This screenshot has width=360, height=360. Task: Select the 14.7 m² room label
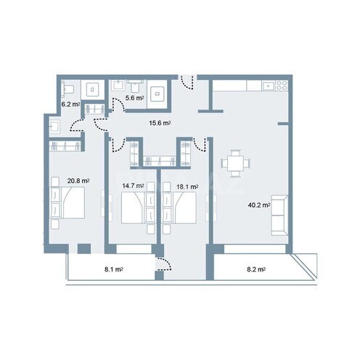(x=134, y=186)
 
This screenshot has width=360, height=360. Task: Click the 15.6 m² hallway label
(x=160, y=123)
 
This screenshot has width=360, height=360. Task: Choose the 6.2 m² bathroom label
(x=70, y=105)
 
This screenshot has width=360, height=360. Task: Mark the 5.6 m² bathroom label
(x=134, y=97)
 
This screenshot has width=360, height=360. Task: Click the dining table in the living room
(x=234, y=164)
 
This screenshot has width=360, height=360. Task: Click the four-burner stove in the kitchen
(x=282, y=86)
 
